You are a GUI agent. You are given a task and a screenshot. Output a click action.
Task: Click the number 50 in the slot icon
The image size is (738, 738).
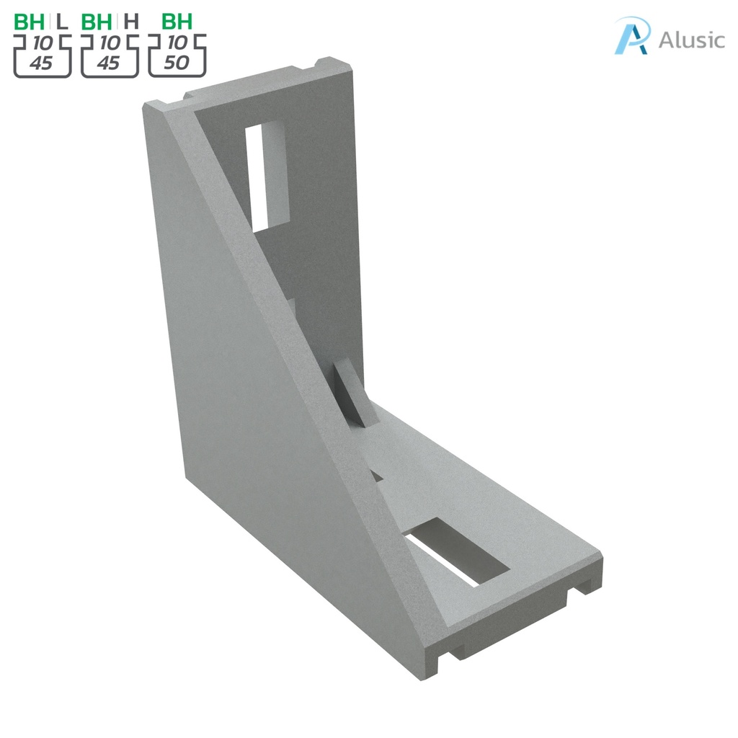coord(176,63)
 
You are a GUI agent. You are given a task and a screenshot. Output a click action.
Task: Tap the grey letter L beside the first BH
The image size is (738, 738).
coord(62,22)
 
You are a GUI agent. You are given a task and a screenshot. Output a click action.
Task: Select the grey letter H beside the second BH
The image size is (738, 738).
coord(130,22)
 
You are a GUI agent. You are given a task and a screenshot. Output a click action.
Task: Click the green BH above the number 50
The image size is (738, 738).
coord(177,22)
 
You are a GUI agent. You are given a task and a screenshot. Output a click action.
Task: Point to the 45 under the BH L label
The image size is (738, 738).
coord(41,63)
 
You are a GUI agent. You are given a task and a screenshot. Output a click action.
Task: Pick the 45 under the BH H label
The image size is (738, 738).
coord(108,63)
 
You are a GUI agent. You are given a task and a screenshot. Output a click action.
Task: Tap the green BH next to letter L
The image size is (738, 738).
coord(30,22)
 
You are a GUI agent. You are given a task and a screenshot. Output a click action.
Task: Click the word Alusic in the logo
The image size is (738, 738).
coord(691,40)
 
